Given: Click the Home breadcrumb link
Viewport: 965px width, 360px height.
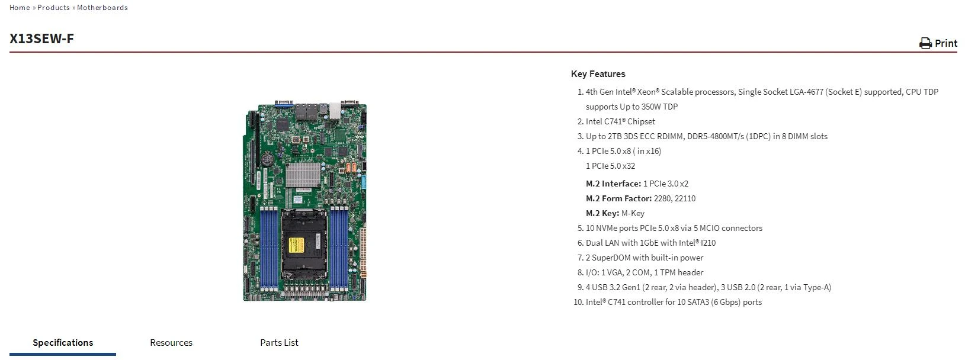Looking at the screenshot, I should click(x=20, y=8).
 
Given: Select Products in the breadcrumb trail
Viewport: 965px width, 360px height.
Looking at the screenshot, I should click(x=53, y=8).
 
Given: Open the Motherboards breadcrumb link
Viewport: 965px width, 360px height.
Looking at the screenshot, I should click(x=102, y=8).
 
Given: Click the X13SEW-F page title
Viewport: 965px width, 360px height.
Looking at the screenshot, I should click(x=41, y=38).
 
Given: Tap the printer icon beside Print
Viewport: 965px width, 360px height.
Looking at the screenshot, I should click(x=925, y=43).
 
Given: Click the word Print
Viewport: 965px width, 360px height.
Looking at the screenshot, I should click(x=946, y=43).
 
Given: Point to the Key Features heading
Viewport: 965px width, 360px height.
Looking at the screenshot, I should click(x=598, y=74).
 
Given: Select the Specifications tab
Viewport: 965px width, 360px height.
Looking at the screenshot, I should click(x=63, y=343).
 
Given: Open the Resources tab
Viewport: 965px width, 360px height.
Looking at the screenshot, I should click(x=171, y=343).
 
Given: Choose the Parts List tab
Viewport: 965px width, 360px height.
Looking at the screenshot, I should click(x=279, y=343).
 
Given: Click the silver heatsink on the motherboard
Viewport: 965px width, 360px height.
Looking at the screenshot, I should click(x=303, y=174).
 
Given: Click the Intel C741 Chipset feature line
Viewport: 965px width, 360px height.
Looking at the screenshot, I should click(x=620, y=121).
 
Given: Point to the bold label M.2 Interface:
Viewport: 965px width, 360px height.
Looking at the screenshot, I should click(x=613, y=184).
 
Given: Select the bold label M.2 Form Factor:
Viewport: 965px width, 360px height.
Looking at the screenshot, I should click(x=618, y=198).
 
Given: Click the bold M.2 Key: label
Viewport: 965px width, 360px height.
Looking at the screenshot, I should click(x=602, y=213).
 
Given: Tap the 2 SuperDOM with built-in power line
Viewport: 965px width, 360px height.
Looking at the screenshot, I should click(x=645, y=258).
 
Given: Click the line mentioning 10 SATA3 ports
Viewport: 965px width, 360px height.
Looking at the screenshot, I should click(x=674, y=302).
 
